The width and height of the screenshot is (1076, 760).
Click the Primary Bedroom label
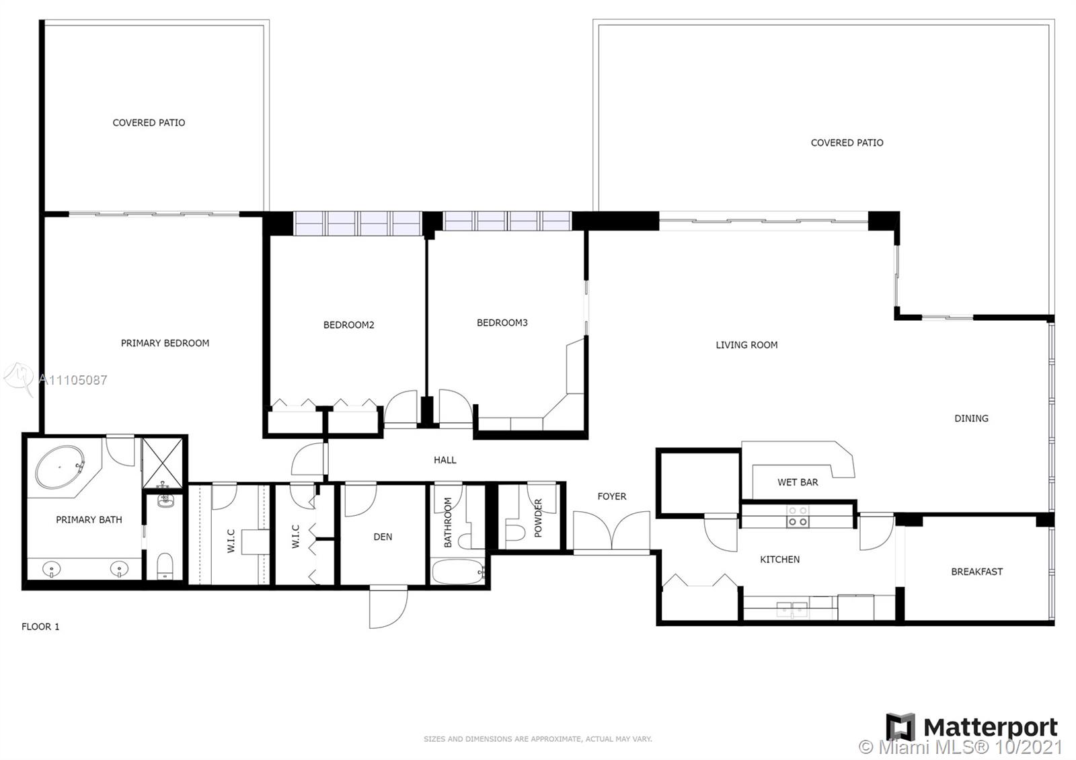(x=165, y=343)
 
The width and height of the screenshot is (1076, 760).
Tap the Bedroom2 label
(x=349, y=325)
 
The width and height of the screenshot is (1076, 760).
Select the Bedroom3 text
(x=502, y=323)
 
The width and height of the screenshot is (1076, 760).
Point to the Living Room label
(x=746, y=345)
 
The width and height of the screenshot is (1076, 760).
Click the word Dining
(x=971, y=418)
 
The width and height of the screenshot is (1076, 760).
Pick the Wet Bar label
(x=798, y=482)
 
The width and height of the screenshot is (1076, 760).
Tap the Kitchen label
(x=779, y=559)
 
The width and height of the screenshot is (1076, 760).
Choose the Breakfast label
(x=977, y=572)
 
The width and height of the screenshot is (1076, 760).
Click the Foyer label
(x=612, y=496)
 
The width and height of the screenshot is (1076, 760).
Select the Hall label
(x=445, y=460)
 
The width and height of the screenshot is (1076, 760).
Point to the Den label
(x=383, y=537)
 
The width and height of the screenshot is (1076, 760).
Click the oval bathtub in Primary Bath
(x=60, y=467)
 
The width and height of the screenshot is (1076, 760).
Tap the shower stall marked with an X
(x=162, y=463)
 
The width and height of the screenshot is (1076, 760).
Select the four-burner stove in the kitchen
(x=798, y=517)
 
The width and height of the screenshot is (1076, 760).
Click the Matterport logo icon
(x=900, y=727)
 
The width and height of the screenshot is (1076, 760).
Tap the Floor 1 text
(x=40, y=626)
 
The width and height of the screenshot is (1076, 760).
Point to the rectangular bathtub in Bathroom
(x=458, y=572)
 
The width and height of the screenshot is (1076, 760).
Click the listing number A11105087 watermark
(x=73, y=380)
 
